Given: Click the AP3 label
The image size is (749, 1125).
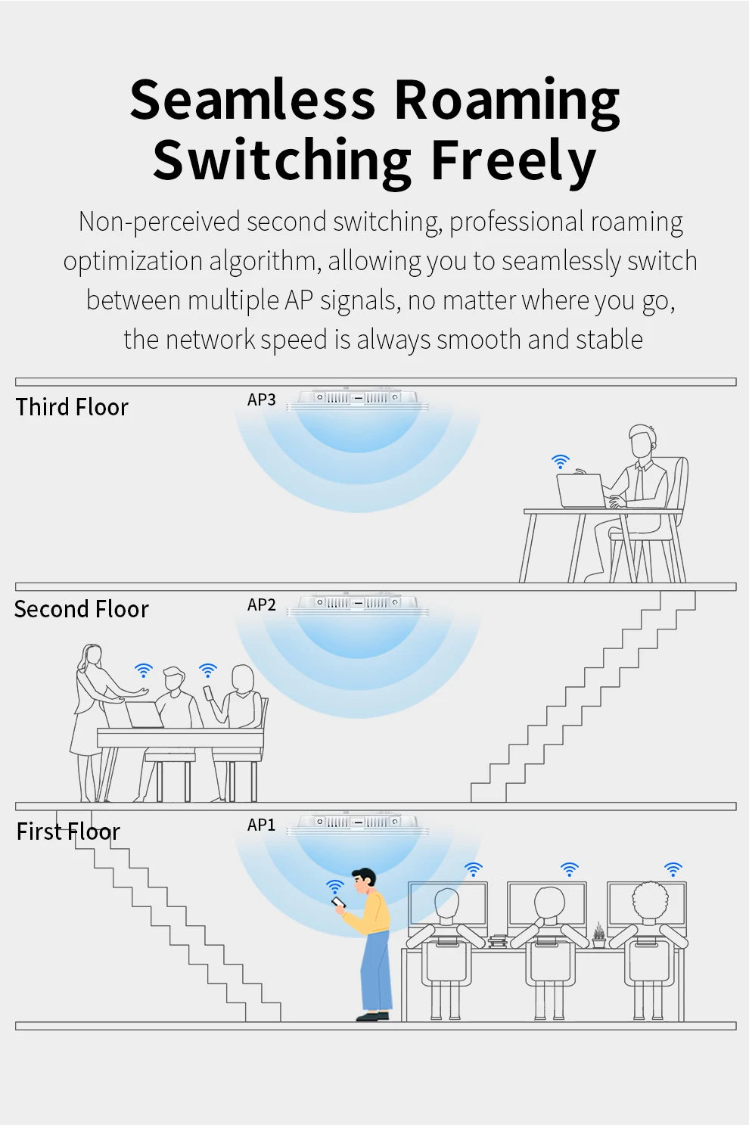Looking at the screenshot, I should coord(261,399).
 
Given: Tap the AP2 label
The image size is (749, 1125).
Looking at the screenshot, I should coord(261,604).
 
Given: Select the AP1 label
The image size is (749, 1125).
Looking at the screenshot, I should coord(261,825).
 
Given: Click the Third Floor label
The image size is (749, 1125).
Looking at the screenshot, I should coord(72,407).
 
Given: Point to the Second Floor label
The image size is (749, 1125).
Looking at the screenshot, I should coord(81,609).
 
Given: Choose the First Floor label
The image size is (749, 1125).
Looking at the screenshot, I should coord(68,831).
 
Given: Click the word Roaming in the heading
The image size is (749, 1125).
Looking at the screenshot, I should coord(506,101).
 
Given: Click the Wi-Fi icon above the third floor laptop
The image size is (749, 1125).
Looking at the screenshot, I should coord(560,461).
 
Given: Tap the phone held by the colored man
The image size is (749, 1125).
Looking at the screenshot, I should coord(339,903).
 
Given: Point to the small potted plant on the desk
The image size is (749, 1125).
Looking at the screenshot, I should coord(598,935).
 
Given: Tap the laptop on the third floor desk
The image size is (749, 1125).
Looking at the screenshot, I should coord(581,491).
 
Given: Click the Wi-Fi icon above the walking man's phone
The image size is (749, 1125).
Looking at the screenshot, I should coord(334,885).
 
